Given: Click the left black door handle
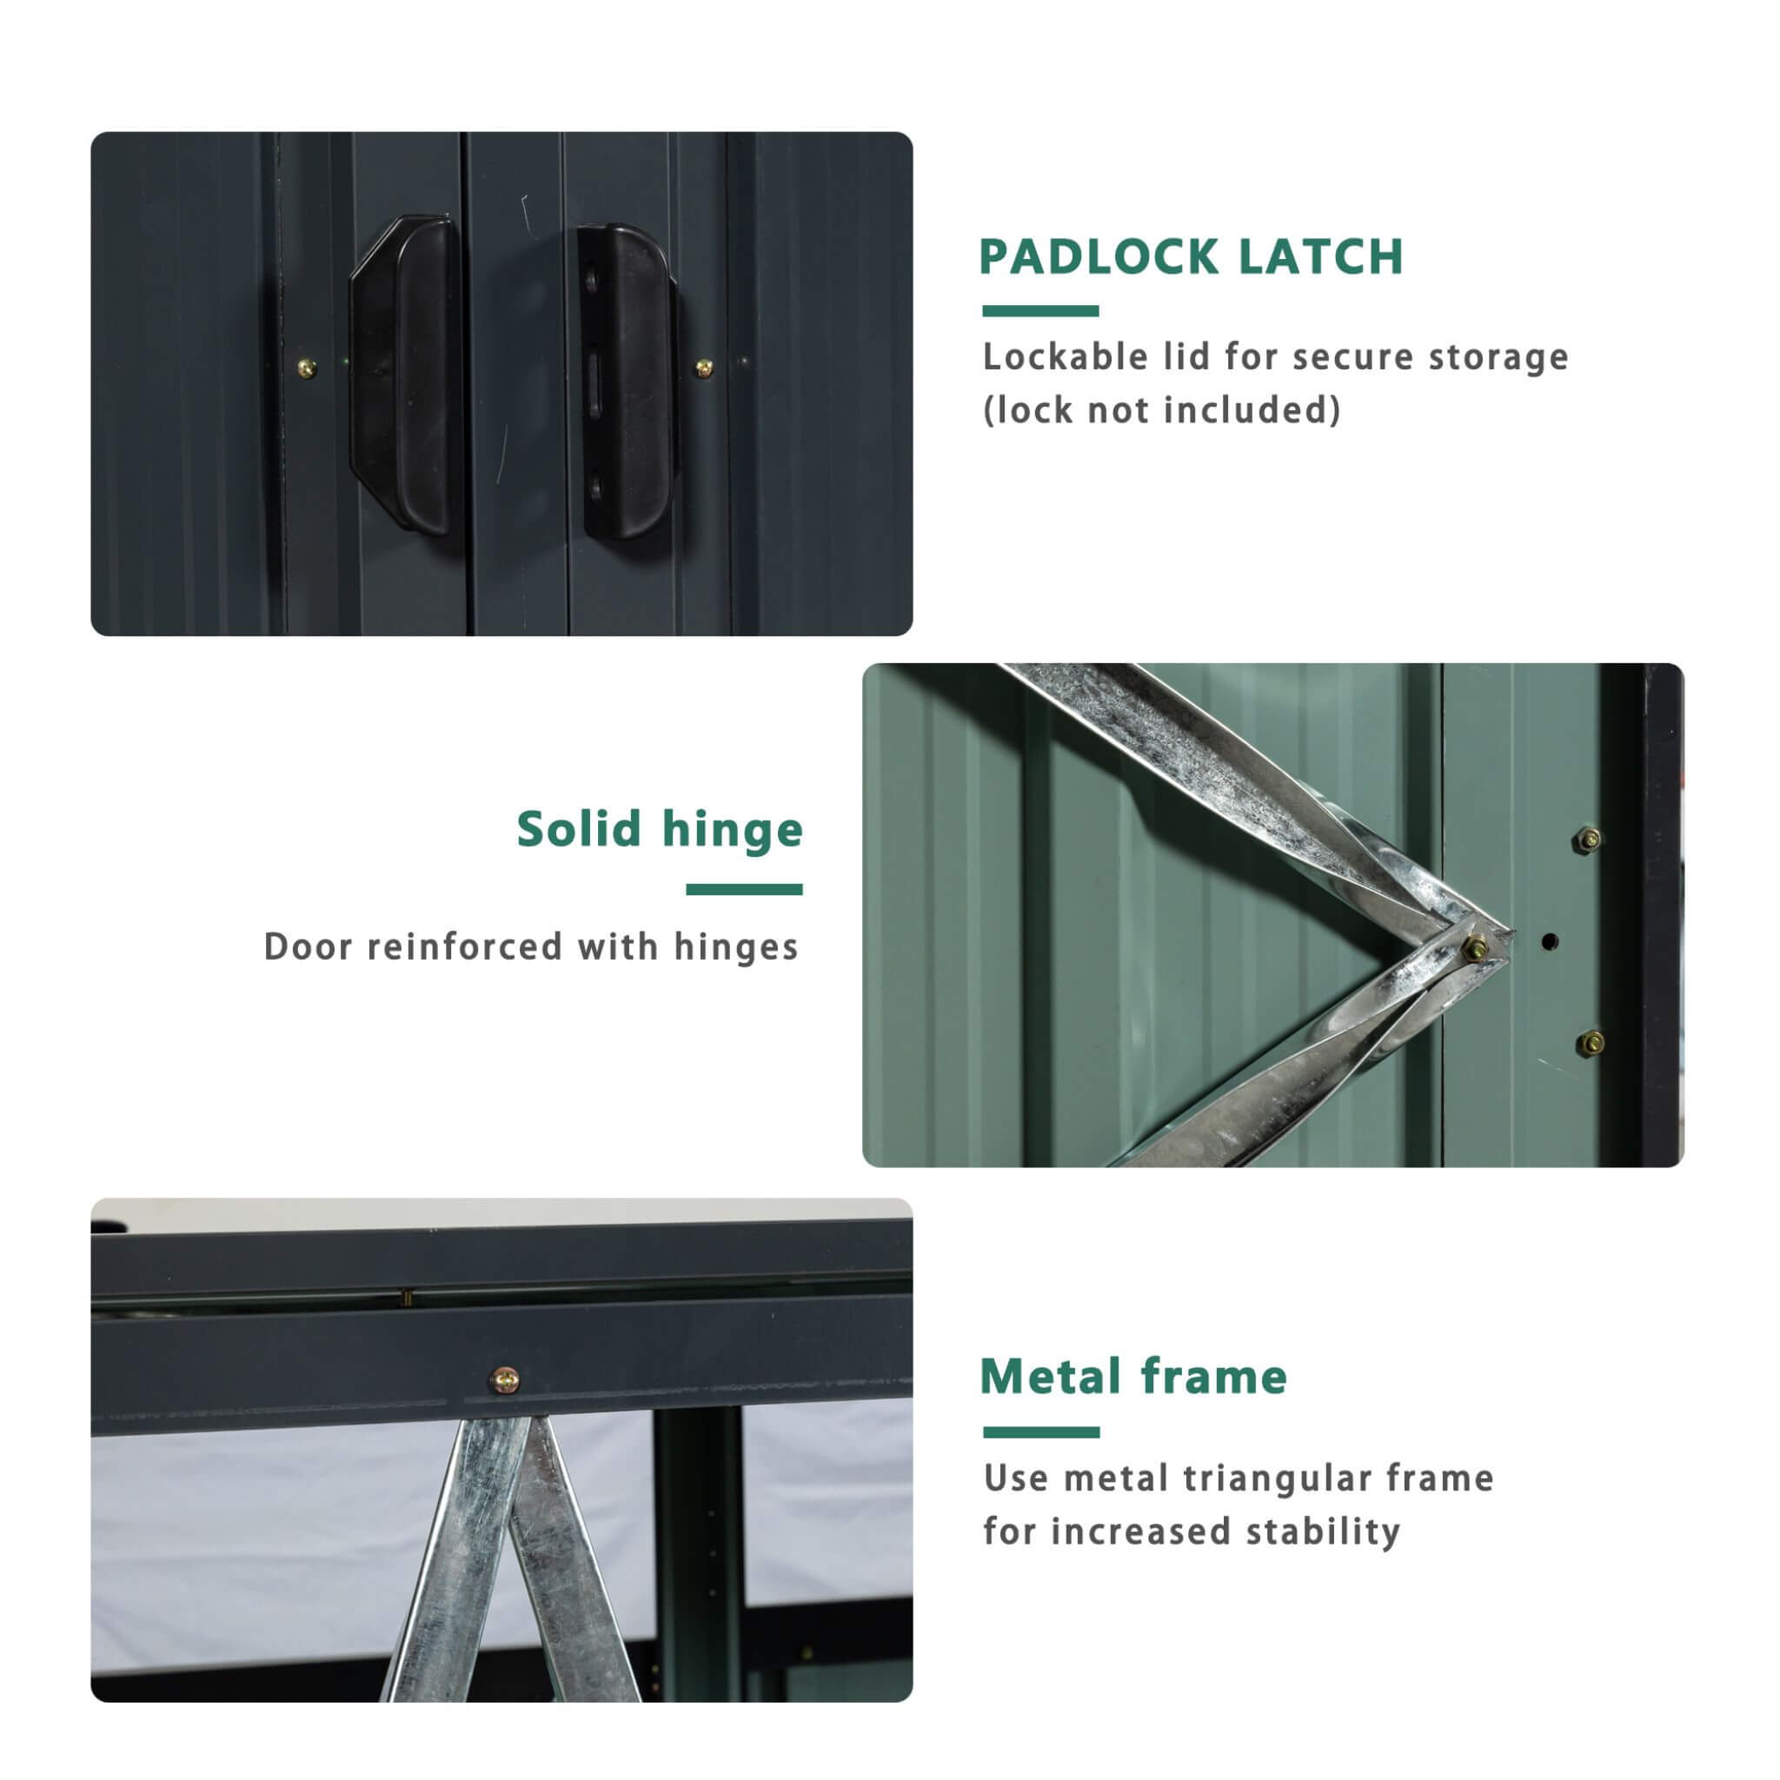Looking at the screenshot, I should coord(406,373).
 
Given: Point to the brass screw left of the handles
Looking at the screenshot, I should coord(308,369).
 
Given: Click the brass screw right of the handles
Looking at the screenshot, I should coord(704,369).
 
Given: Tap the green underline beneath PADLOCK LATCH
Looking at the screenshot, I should coord(1040,310).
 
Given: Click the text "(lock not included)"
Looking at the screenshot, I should coord(1162,410).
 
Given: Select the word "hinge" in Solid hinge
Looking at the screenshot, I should coord(733,829).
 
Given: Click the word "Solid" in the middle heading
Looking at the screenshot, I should coord(579,829).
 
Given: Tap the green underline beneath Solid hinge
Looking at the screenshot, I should coord(743,889).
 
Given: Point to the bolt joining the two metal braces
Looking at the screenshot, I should coord(1475,946).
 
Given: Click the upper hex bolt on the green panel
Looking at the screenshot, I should coord(1590,840).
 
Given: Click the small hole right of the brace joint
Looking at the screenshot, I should coord(1549,941).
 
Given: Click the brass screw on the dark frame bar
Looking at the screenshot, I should coord(504,1380).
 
